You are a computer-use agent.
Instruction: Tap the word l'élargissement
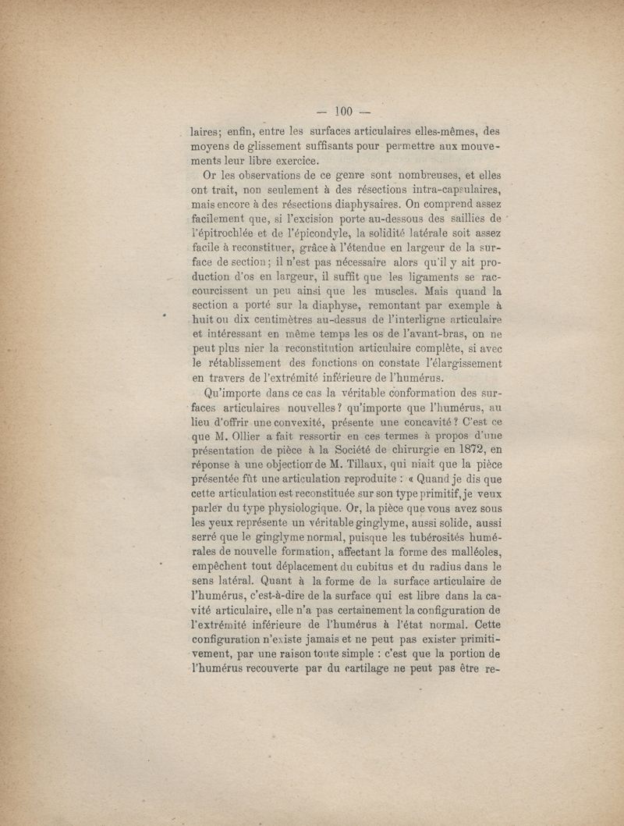[454, 365]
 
